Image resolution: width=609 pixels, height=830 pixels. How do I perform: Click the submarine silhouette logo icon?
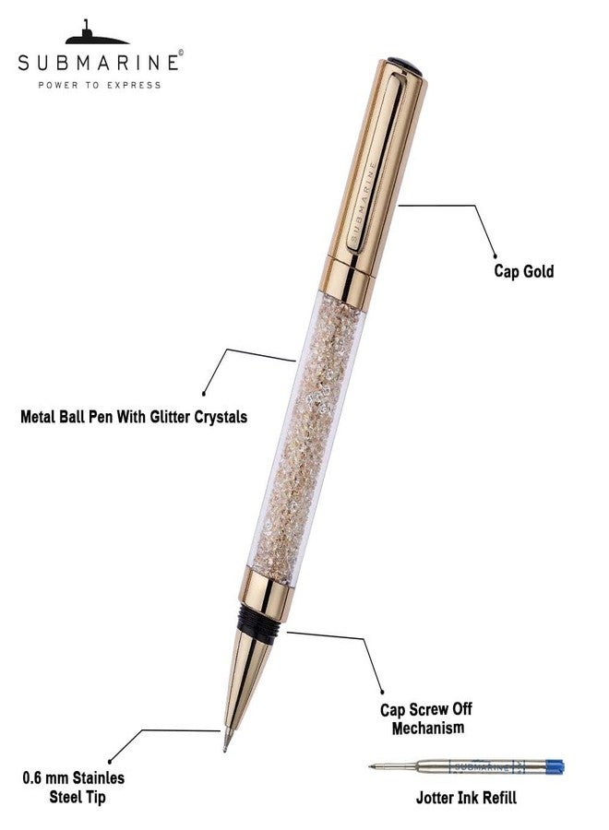pyautogui.click(x=96, y=33)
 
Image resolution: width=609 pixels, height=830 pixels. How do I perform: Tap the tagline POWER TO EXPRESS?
pyautogui.click(x=100, y=85)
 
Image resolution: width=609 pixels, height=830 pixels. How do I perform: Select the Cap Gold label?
pyautogui.click(x=524, y=271)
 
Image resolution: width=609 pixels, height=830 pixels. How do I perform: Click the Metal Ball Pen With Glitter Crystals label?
pyautogui.click(x=134, y=417)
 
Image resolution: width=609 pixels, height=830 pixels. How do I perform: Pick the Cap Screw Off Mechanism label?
pyautogui.click(x=427, y=718)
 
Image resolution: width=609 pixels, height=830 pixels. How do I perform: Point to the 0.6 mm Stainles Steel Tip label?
pyautogui.click(x=74, y=788)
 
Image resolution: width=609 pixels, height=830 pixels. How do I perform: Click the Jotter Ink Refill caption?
pyautogui.click(x=466, y=797)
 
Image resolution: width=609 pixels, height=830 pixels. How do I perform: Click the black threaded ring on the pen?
pyautogui.click(x=259, y=620)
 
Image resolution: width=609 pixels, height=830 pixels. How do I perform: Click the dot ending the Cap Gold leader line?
pyautogui.click(x=496, y=256)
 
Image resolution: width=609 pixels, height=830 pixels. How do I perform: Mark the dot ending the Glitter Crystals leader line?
pyautogui.click(x=204, y=393)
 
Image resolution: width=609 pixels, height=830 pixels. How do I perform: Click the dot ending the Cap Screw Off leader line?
pyautogui.click(x=382, y=692)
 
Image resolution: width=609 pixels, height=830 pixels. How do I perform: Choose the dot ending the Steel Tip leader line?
pyautogui.click(x=110, y=761)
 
